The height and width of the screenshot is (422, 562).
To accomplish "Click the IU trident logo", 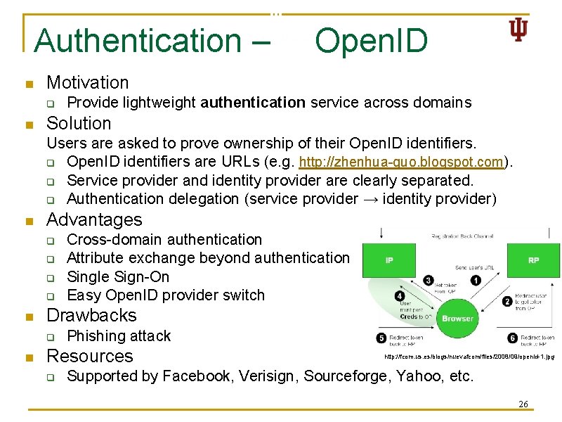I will click(518, 30).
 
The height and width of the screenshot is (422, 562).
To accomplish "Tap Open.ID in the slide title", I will click(371, 41).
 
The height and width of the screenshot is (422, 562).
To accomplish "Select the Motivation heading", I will click(87, 83).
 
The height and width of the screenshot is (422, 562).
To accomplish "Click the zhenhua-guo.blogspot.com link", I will click(402, 162).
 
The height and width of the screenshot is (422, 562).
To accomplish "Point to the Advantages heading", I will click(93, 220).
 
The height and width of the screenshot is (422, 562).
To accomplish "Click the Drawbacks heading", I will click(91, 315).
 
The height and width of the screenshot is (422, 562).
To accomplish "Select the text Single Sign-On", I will click(118, 276).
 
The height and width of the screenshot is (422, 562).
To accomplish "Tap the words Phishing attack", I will click(119, 336).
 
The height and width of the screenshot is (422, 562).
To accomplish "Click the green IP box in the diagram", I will click(389, 260).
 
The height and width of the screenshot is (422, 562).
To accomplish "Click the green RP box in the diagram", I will click(533, 260).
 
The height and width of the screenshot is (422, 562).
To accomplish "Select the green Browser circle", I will click(457, 319).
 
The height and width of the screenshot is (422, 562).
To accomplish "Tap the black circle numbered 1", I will click(476, 280).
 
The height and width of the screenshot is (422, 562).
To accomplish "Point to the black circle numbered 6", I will click(514, 338).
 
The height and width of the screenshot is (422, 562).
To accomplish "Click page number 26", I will click(523, 404).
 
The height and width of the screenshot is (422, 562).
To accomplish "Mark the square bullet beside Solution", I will click(29, 124).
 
